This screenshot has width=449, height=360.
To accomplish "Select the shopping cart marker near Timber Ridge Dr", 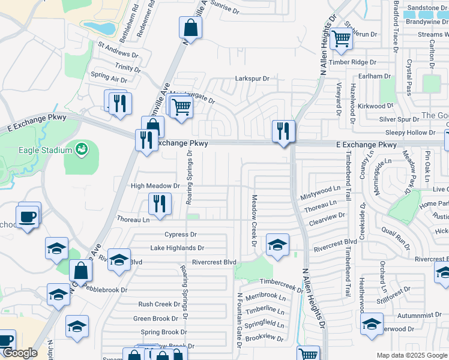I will click(342, 39).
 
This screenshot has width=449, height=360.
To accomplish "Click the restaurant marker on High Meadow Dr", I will click(159, 203).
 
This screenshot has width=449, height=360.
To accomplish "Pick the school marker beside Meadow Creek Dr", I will click(277, 245).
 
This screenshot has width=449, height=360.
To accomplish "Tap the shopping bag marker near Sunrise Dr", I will click(190, 28).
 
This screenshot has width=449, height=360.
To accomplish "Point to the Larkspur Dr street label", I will click(252, 79).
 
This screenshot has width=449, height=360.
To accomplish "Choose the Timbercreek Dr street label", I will click(282, 285).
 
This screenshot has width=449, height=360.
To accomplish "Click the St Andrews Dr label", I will click(118, 50).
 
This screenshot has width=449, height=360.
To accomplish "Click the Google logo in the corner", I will click(20, 353).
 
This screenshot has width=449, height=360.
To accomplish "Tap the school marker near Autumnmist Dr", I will click(372, 325).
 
